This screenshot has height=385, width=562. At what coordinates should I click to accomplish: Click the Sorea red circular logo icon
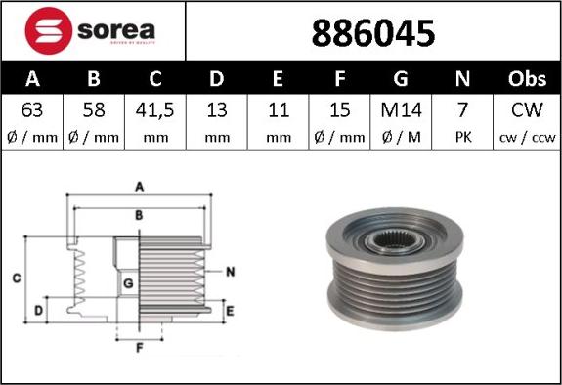pos(43,30)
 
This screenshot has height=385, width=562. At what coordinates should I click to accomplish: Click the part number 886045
pos(372,33)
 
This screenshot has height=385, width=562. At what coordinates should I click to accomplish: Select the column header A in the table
pos(31,78)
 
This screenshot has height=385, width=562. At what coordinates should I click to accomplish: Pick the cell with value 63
pos(31,109)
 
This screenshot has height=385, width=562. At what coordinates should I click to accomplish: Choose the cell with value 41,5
pos(155,109)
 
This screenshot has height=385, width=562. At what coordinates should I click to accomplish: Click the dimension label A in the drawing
pos(139,185)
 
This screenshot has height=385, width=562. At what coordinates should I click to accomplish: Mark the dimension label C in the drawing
pos(17,278)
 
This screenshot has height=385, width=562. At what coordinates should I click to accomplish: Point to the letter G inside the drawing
pos(128,283)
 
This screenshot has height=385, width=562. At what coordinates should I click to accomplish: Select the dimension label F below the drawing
pos(138,347)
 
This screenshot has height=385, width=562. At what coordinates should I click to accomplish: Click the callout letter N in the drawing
pos(230,271)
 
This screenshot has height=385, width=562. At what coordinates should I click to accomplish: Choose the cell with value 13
pos(218,109)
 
